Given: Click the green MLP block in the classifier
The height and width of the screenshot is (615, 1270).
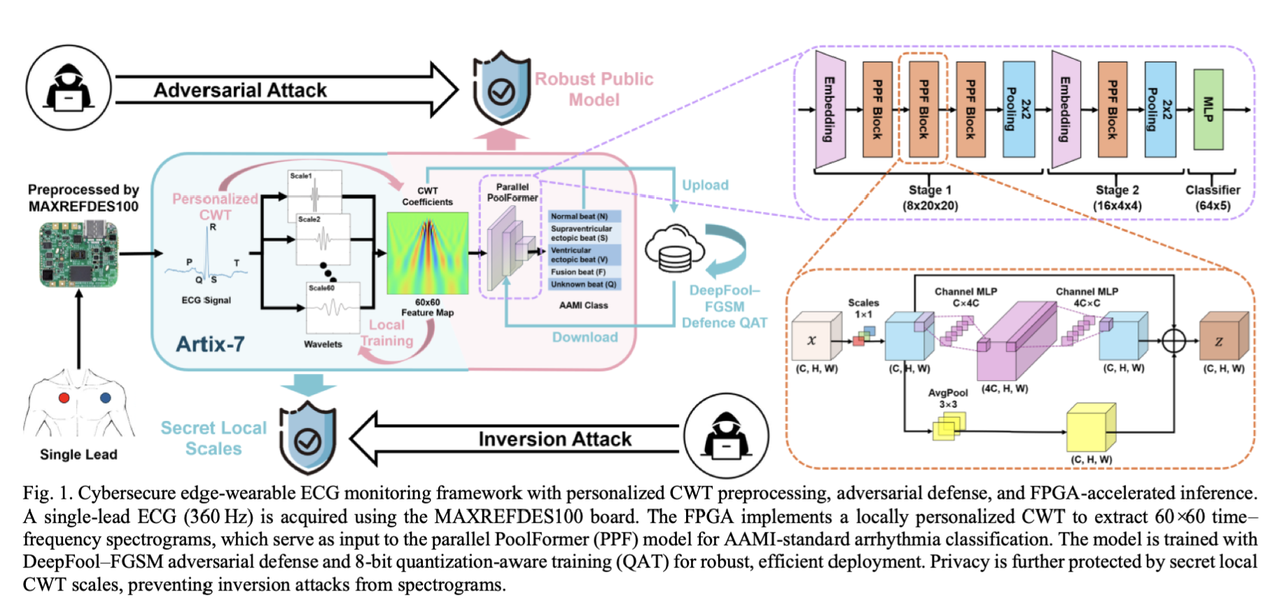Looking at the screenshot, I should (1208, 109).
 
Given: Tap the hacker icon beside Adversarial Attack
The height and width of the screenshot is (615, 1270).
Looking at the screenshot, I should (69, 89).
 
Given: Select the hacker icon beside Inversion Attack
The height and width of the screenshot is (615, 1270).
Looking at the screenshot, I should (726, 436).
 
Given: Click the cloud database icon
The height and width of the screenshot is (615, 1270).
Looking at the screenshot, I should (674, 249).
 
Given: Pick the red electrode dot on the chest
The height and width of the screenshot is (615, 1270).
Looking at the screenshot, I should (64, 398).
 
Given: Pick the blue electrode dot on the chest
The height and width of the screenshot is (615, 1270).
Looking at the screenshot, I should (105, 398).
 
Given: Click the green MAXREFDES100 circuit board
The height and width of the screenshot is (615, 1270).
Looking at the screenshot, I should (78, 254).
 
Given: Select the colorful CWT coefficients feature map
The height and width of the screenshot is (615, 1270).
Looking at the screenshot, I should (427, 254).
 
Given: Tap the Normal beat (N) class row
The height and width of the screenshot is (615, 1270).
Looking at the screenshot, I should (584, 216).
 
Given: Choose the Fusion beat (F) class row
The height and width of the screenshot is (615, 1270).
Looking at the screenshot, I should (584, 272).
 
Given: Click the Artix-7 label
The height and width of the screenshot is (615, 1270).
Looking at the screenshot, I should (210, 344).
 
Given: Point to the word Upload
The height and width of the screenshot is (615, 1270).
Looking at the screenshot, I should (705, 185).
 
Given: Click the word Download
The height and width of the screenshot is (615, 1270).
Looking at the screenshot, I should (585, 337).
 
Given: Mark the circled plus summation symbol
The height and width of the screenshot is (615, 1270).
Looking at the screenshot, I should (1174, 341).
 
